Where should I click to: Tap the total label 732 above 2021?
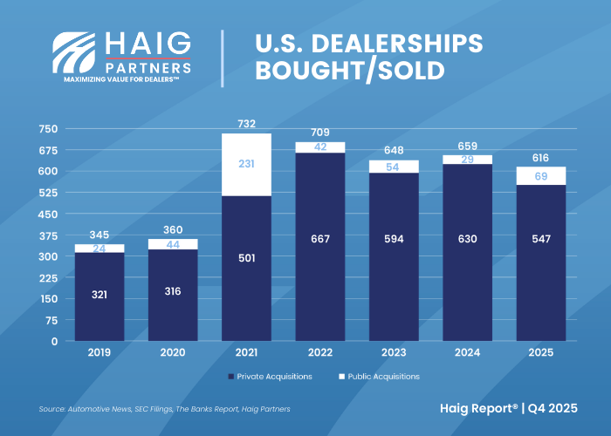[246, 125]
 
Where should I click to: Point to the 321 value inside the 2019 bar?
[99, 296]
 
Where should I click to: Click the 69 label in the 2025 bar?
[542, 177]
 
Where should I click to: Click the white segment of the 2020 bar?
[173, 244]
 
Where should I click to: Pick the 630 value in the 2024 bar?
[468, 237]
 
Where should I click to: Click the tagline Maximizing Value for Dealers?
[121, 79]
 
